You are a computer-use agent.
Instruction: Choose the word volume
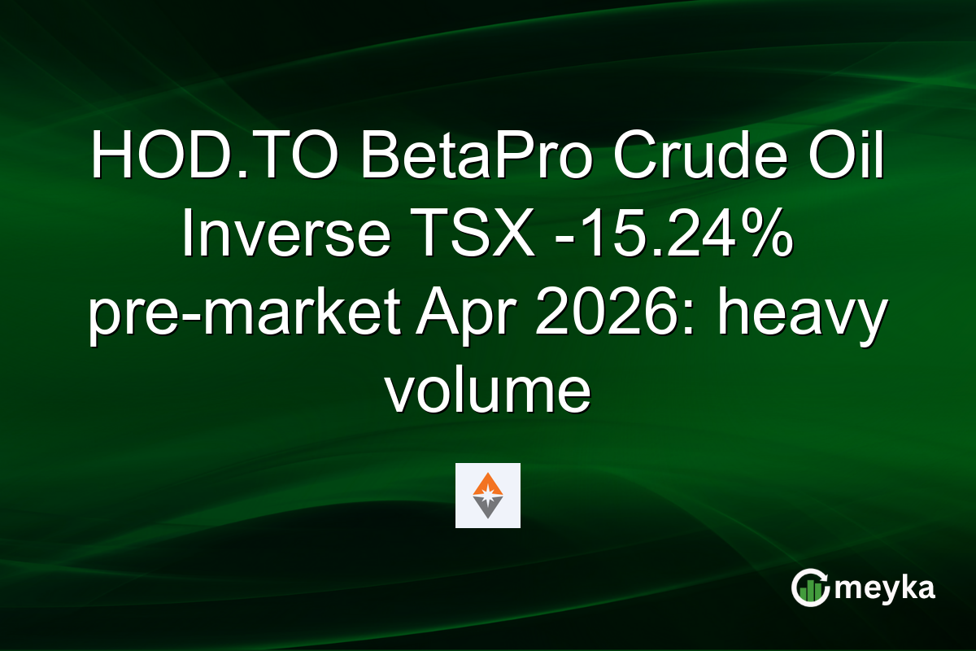pos(488,391)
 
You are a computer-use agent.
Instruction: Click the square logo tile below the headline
pos(488,496)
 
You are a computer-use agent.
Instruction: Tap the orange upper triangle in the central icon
pos(488,483)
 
